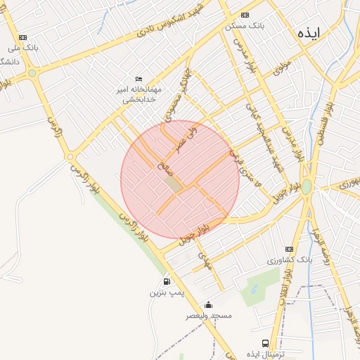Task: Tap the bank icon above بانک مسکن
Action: pos(245,15)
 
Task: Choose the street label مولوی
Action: pos(282,68)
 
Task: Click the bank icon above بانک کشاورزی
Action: pos(289,250)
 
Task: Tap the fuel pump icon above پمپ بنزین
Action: pos(166,281)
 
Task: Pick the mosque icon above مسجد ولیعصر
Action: pos(208,305)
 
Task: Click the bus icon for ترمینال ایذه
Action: pos(265,343)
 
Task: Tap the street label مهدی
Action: pos(206,261)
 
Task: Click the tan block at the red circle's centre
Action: pos(173,184)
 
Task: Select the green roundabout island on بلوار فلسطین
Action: pos(307,187)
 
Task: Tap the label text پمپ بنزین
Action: pos(166,292)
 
